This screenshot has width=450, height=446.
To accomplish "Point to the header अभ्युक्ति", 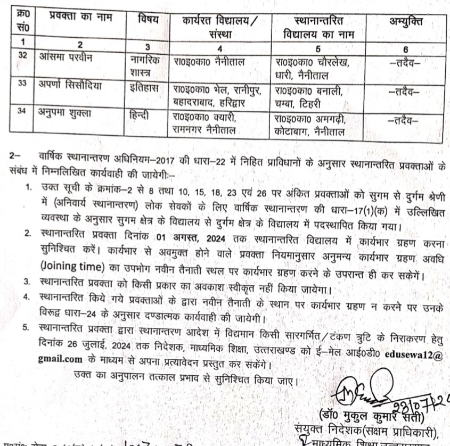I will [x=407, y=22].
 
